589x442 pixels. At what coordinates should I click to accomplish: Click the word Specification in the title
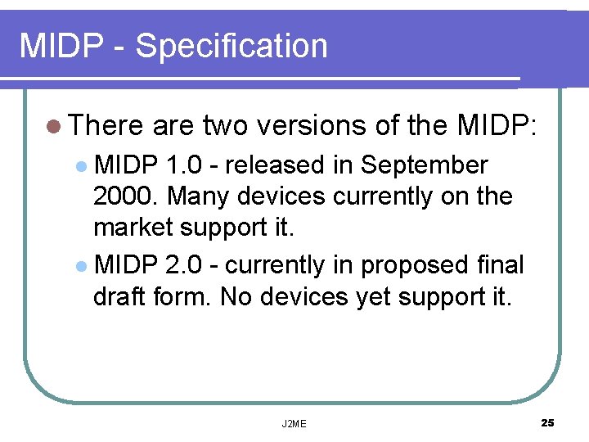point(232,46)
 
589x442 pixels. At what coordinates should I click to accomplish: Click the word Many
point(195,196)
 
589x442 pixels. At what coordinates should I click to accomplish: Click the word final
point(501,265)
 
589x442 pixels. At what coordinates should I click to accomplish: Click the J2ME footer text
point(294,423)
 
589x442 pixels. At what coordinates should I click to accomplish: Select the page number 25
point(547,422)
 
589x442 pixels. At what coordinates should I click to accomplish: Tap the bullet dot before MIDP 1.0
point(82,166)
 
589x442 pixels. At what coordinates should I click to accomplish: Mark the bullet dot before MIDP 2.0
point(82,266)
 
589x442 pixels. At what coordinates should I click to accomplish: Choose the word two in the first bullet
point(224,125)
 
